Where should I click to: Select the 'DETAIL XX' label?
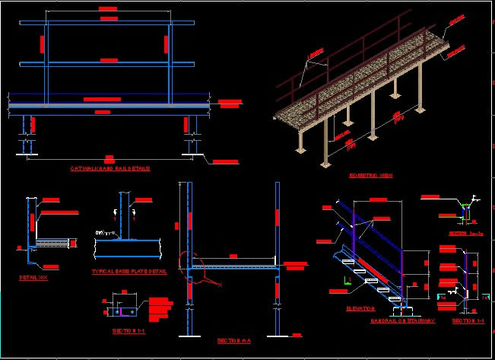[x=33, y=278]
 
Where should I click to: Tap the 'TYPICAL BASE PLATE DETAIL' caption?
[x=129, y=271]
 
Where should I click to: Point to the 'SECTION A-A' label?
[x=231, y=340]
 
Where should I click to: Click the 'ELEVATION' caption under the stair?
[x=360, y=308]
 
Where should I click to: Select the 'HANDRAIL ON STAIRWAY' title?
[x=403, y=320]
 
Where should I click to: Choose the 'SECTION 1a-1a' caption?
[x=465, y=234]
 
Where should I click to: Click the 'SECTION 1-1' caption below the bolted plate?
[x=128, y=331]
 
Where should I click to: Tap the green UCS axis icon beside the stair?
[x=346, y=282]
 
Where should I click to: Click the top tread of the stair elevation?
[x=348, y=262]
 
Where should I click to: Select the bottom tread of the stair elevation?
[x=396, y=299]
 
